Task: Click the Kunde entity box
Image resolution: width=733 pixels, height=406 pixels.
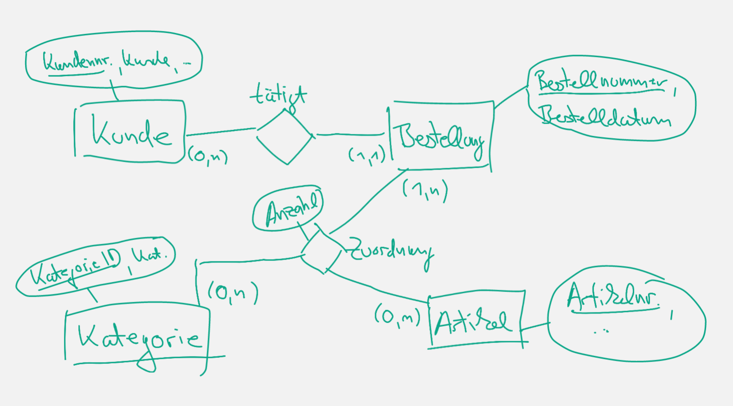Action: click(130, 132)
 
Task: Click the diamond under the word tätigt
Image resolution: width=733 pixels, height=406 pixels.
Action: click(285, 137)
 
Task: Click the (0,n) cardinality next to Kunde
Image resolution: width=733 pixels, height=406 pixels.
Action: click(207, 156)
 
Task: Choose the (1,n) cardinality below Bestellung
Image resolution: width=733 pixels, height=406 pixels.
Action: click(425, 190)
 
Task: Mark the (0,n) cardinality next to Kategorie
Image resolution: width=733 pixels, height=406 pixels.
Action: click(232, 293)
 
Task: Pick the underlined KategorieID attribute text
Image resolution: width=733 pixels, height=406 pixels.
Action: click(74, 269)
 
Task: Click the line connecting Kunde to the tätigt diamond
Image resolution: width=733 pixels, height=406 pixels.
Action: click(221, 132)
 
